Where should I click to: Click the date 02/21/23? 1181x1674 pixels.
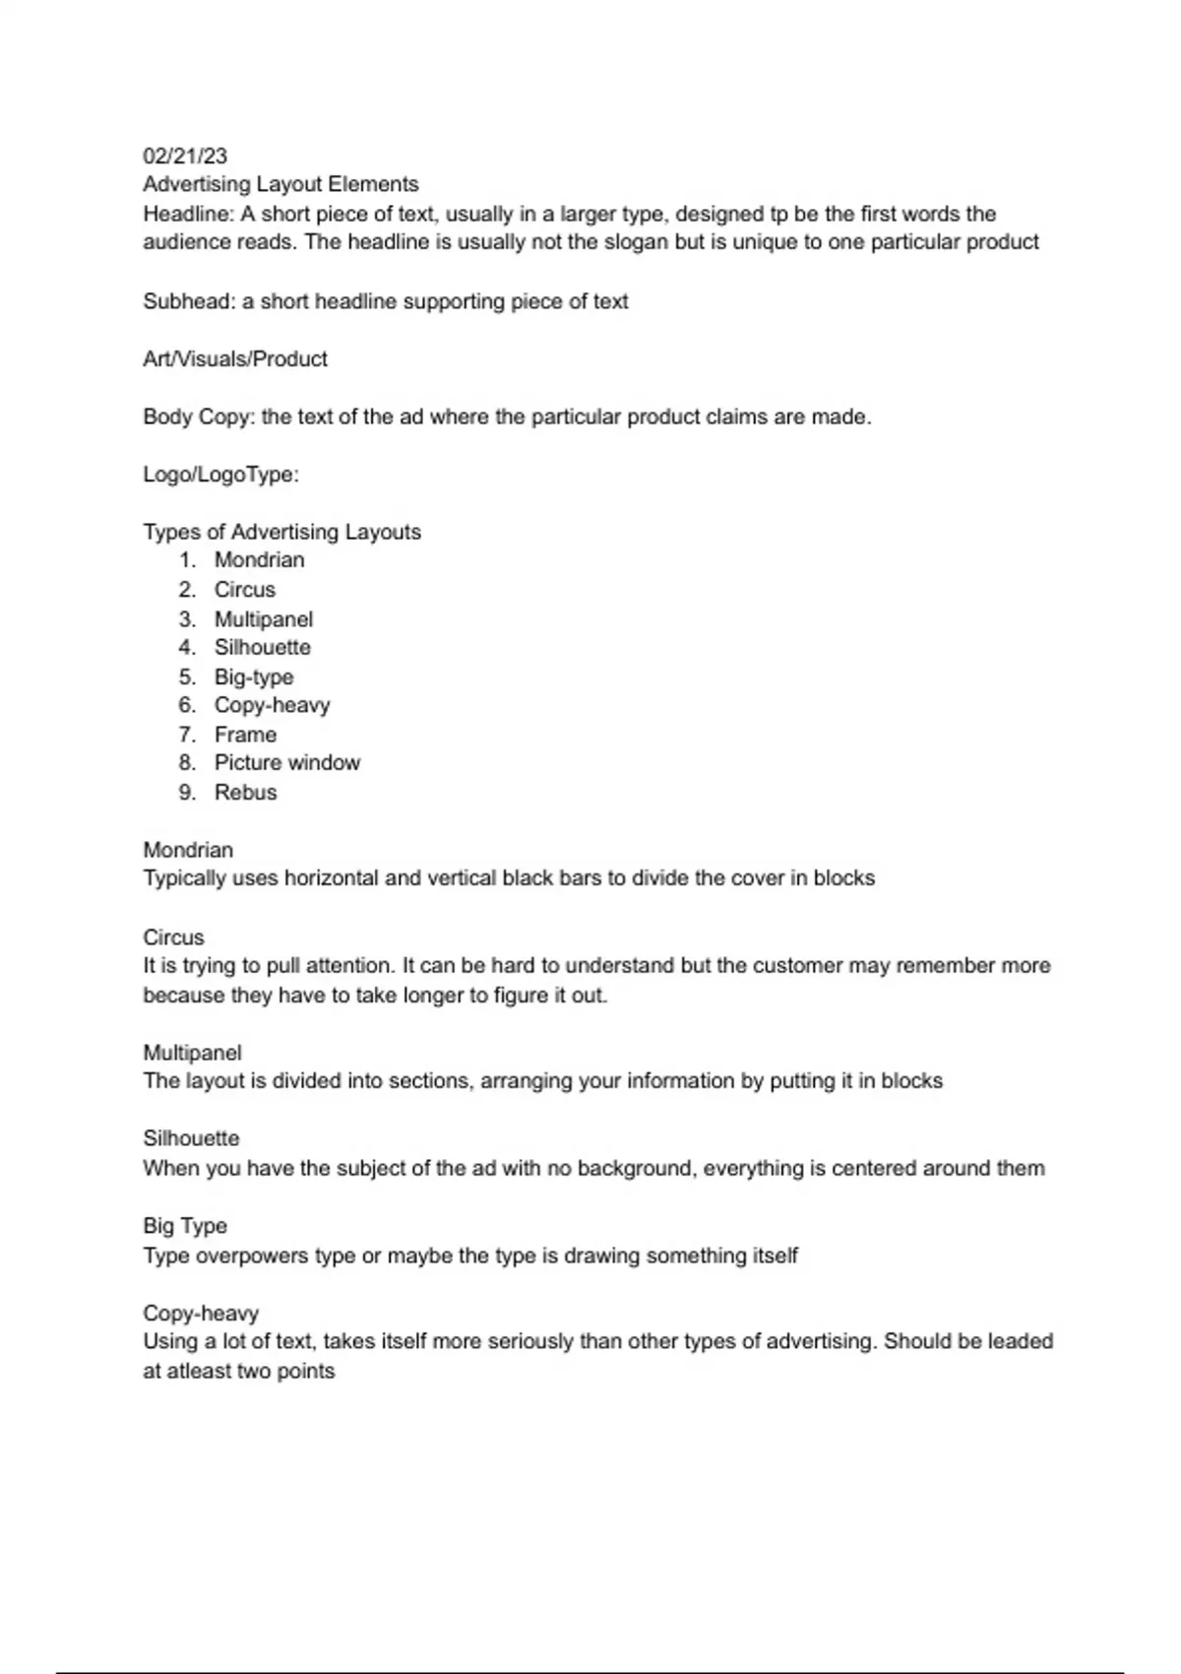click(x=185, y=156)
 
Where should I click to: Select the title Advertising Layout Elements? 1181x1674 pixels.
click(x=280, y=184)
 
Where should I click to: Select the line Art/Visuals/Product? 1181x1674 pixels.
click(x=235, y=358)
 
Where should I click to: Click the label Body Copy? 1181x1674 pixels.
click(x=200, y=417)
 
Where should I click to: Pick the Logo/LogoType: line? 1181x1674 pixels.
click(x=221, y=475)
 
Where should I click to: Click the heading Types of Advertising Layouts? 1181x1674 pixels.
click(x=281, y=532)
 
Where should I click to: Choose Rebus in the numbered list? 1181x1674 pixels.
click(x=245, y=793)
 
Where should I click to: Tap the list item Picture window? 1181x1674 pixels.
click(x=287, y=763)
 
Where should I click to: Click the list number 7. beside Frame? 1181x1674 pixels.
click(x=188, y=735)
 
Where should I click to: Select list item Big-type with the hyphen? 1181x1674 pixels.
click(x=254, y=676)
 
